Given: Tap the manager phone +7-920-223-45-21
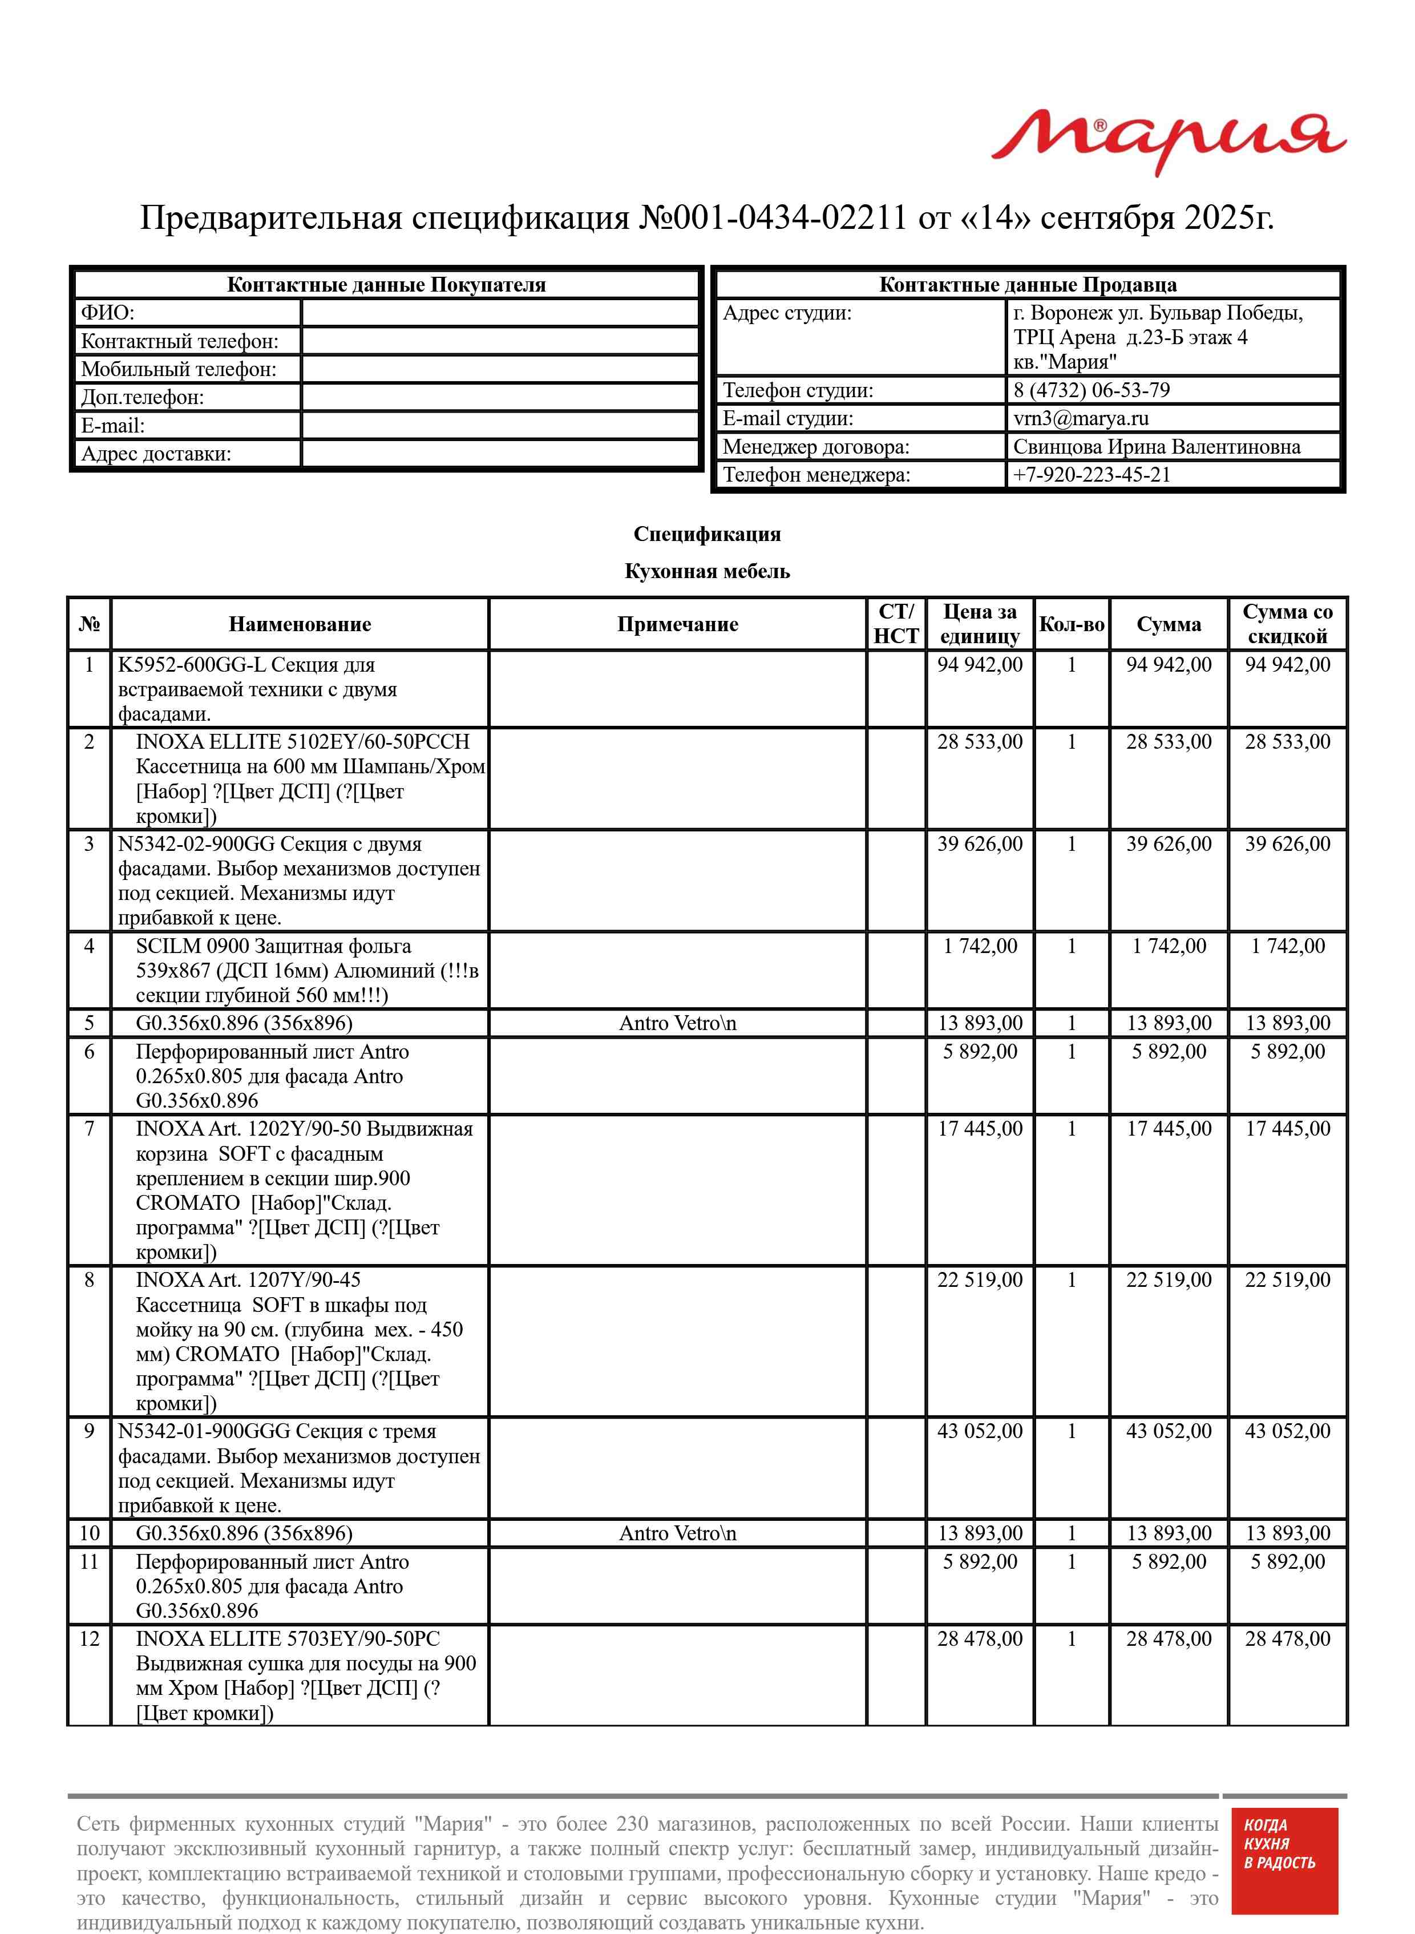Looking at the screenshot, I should [1091, 474].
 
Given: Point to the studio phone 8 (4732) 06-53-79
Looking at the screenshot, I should [1091, 390].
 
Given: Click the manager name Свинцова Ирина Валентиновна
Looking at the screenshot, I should [1157, 446].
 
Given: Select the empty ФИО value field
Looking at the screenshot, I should [500, 313].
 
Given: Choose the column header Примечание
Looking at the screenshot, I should [677, 624].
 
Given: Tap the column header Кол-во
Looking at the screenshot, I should [1071, 624].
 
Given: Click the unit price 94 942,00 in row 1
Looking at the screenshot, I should [979, 665].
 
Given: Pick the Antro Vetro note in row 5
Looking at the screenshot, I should [677, 1023].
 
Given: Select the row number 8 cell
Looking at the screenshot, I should [89, 1279].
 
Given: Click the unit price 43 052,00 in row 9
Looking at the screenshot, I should [979, 1431].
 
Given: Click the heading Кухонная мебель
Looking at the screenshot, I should [706, 571].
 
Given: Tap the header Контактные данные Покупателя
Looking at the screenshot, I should [386, 285].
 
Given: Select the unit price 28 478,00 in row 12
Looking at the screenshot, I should [979, 1638].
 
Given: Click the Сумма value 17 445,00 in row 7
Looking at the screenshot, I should [1169, 1129].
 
